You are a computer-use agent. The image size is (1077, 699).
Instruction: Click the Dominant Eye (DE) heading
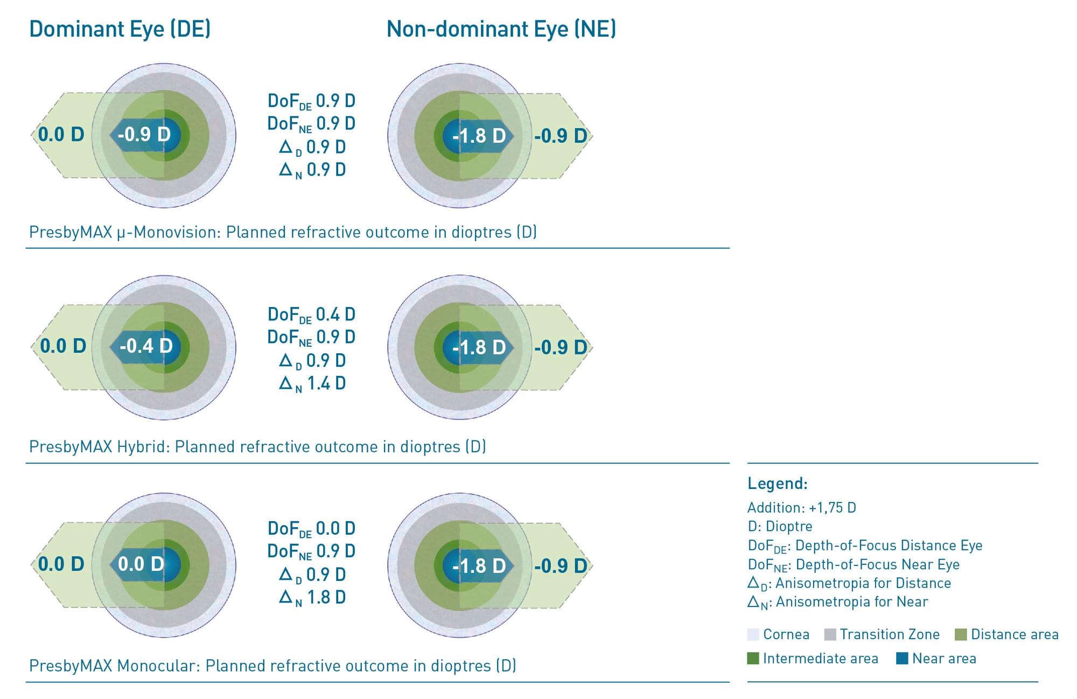(120, 29)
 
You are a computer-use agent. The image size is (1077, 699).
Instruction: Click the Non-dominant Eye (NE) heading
(501, 29)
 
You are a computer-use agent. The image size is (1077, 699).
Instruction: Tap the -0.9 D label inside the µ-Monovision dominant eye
(144, 134)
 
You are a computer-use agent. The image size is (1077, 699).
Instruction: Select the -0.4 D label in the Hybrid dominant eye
(145, 346)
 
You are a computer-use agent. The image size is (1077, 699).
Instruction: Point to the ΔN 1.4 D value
(312, 384)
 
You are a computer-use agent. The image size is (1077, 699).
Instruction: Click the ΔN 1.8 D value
(312, 598)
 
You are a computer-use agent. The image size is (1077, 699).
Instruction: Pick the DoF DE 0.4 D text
(311, 314)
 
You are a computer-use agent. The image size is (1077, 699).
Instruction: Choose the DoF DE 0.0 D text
(311, 529)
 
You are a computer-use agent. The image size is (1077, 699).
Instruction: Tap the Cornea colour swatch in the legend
(753, 634)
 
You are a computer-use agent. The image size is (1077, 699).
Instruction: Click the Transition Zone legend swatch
(830, 634)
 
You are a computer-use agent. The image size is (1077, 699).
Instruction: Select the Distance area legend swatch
(961, 634)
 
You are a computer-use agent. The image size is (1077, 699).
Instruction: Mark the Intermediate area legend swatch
(753, 658)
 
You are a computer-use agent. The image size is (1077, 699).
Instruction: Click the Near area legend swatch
(902, 658)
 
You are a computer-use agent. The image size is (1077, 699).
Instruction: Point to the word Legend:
(777, 483)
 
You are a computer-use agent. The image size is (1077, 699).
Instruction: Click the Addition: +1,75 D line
(801, 507)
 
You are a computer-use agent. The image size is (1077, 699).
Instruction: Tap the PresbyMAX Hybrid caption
(257, 446)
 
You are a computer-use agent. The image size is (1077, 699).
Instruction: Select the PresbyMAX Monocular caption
(272, 666)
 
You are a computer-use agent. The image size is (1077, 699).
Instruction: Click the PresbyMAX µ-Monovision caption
(283, 232)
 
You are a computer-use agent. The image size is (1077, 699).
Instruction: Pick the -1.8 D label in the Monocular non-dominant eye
(479, 565)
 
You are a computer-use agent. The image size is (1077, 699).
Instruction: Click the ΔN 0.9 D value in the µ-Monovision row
(312, 170)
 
